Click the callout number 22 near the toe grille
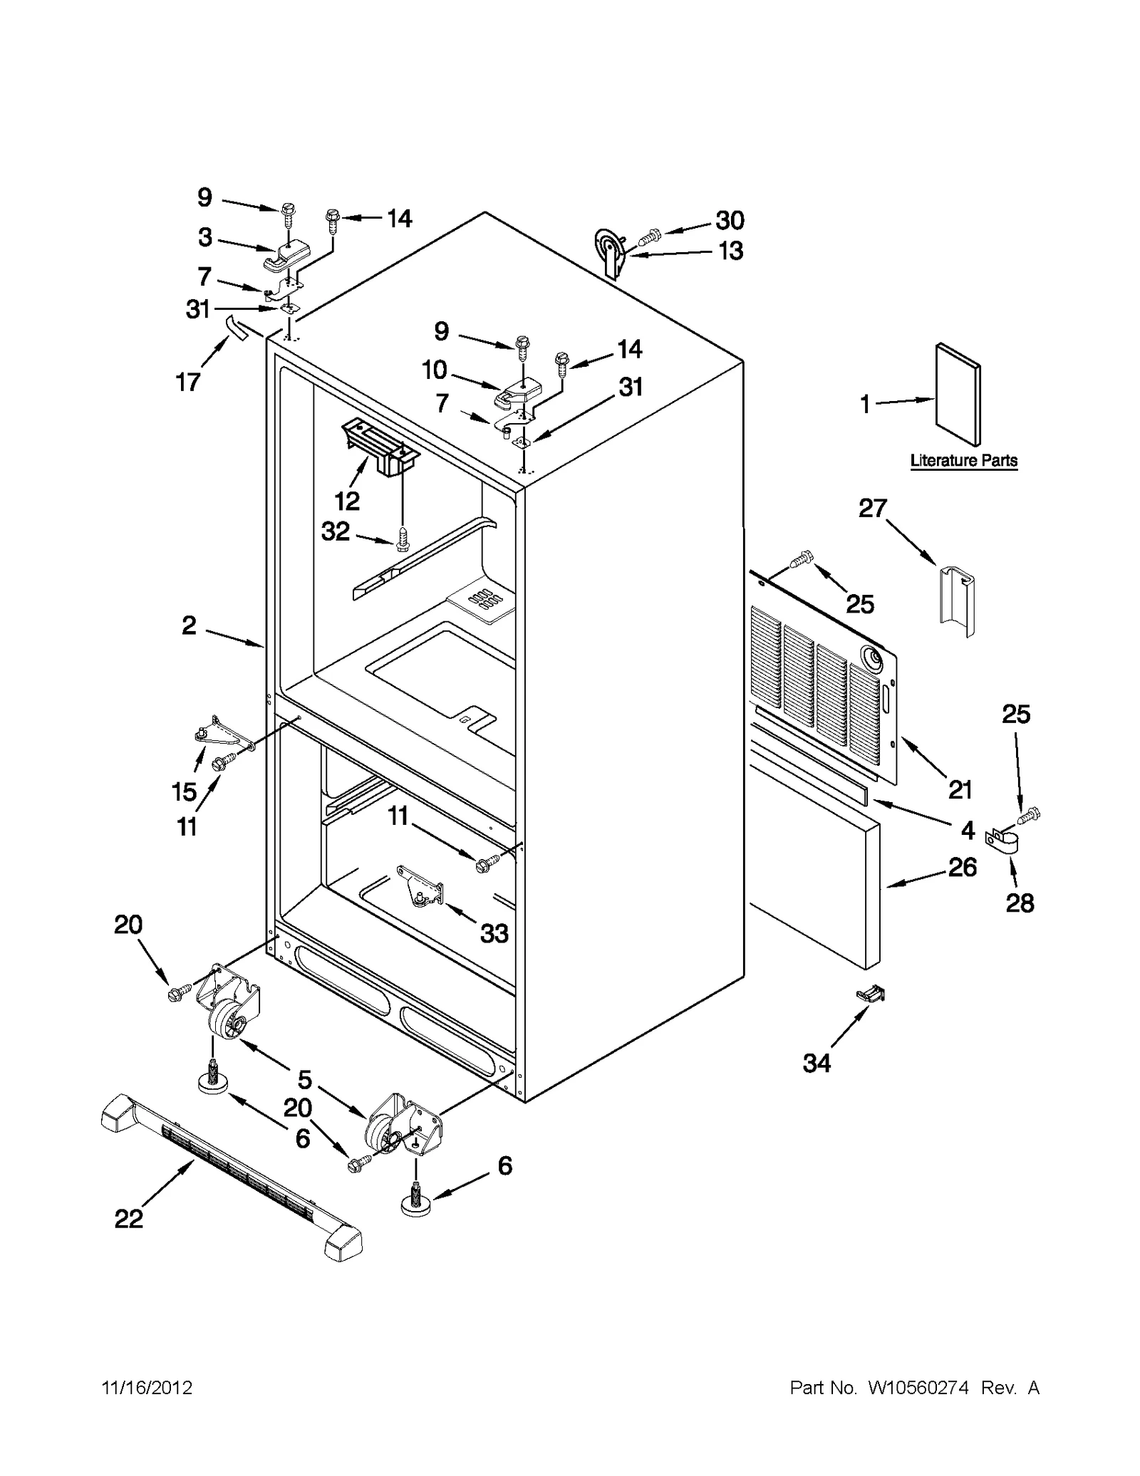(x=128, y=1219)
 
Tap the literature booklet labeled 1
(x=958, y=394)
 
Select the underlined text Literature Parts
(x=963, y=461)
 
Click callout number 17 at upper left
(x=188, y=383)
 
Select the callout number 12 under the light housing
(x=347, y=501)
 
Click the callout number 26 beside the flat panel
(x=963, y=867)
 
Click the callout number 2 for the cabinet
(x=188, y=625)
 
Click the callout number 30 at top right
(x=730, y=220)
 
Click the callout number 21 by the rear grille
(x=960, y=789)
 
